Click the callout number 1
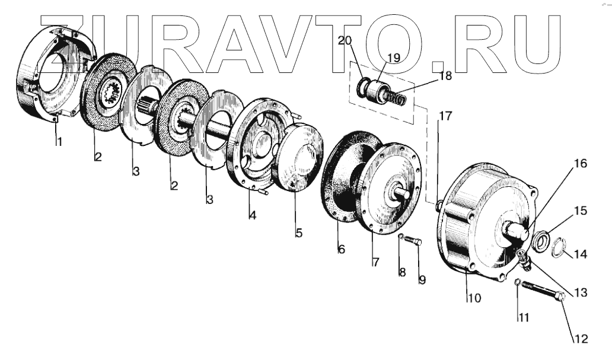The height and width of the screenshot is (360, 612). pyautogui.click(x=59, y=142)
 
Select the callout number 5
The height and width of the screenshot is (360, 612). pyautogui.click(x=299, y=233)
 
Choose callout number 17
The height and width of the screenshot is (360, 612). pyautogui.click(x=445, y=116)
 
